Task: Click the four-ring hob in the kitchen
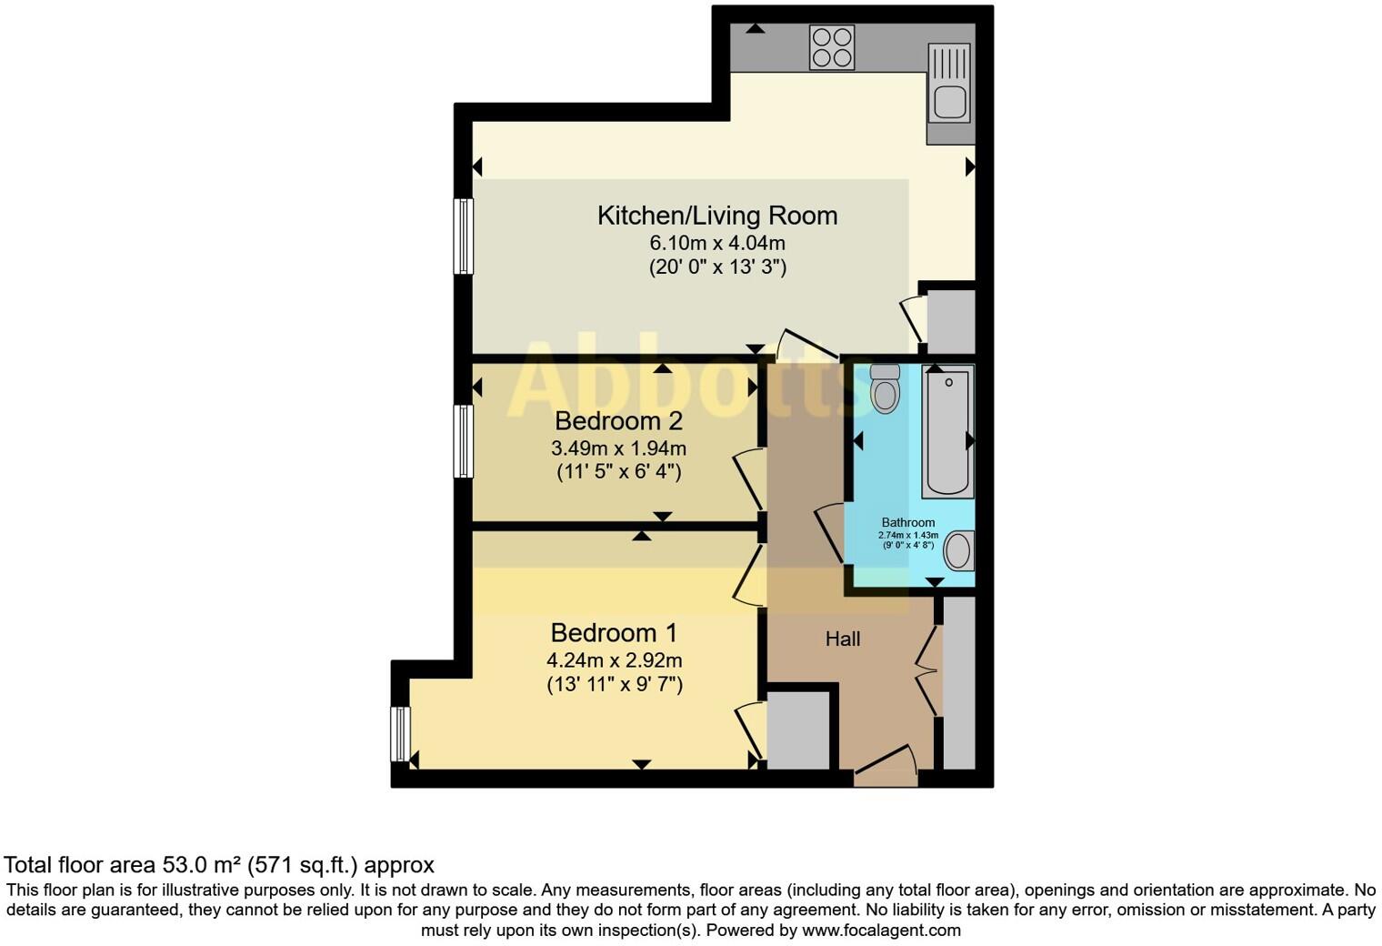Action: pyautogui.click(x=832, y=46)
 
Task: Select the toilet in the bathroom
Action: pyautogui.click(x=884, y=388)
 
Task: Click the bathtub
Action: pyautogui.click(x=946, y=432)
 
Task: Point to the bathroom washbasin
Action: pyautogui.click(x=958, y=550)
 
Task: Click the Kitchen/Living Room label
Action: pyautogui.click(x=716, y=216)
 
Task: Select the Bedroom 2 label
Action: pyautogui.click(x=618, y=421)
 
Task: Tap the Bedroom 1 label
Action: pyautogui.click(x=614, y=632)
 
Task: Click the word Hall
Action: pyautogui.click(x=842, y=639)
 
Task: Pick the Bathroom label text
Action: pyautogui.click(x=907, y=522)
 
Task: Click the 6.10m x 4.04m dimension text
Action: pyautogui.click(x=716, y=243)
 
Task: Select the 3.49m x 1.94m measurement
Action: pyautogui.click(x=618, y=448)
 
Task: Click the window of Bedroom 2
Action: pyautogui.click(x=464, y=440)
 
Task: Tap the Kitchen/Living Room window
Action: pyautogui.click(x=464, y=236)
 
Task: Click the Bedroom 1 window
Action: pyautogui.click(x=401, y=733)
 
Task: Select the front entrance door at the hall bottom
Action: pyautogui.click(x=886, y=769)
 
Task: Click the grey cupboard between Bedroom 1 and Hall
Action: pyautogui.click(x=799, y=730)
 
